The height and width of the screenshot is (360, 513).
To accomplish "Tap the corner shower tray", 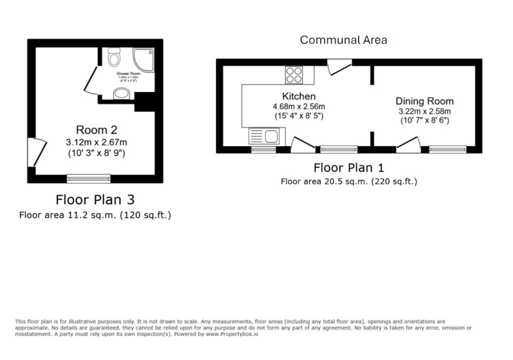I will [x=144, y=58].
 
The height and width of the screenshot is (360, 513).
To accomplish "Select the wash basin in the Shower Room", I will [x=121, y=93].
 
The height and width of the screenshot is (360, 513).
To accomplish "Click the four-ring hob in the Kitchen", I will [x=294, y=75].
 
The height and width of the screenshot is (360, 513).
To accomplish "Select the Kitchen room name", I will [x=299, y=96].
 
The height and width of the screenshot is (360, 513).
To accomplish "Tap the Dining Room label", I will [x=424, y=101].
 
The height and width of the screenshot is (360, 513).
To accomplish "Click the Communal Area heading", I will [x=343, y=40].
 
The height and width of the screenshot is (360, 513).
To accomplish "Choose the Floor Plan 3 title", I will [x=95, y=200].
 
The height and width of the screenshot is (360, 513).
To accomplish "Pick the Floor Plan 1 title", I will [x=349, y=168].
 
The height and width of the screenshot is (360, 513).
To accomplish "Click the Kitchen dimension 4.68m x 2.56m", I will [x=299, y=107].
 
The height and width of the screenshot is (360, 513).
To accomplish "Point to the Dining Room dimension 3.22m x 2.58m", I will [x=425, y=111].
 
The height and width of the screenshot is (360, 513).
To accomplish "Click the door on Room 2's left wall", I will [x=37, y=152].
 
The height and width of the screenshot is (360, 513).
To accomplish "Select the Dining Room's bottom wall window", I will [x=447, y=149].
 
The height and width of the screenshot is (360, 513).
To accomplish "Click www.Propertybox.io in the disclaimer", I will [x=231, y=334].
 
